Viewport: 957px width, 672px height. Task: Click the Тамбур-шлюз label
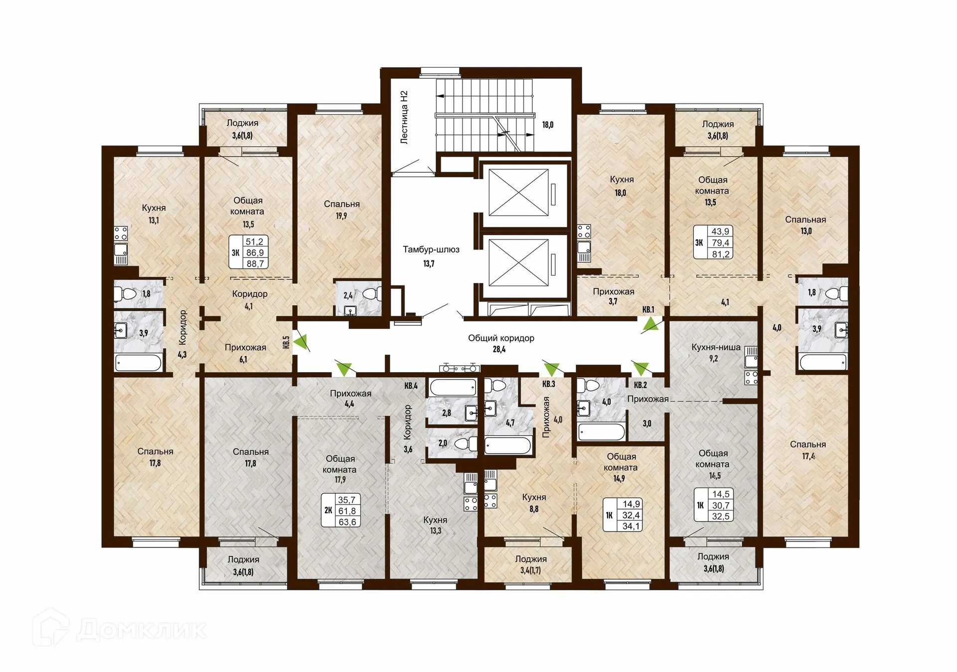coord(431,250)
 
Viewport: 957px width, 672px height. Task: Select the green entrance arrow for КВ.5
coord(301,342)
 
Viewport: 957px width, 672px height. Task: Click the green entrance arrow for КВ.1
coord(650,325)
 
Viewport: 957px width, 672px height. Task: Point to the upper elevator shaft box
coord(518,192)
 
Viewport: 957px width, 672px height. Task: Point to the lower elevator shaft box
coord(518,263)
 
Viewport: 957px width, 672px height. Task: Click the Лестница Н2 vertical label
coord(404,118)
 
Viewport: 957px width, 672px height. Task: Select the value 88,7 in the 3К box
coord(255,264)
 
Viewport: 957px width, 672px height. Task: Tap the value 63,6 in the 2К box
coord(347,522)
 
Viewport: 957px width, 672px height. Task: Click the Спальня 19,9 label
coord(341,209)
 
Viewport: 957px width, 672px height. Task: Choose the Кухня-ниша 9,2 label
coord(715,352)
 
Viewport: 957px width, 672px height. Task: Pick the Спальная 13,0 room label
coord(805,225)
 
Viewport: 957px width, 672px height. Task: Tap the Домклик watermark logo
coord(120,629)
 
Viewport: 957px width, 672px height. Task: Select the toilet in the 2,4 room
coord(371,294)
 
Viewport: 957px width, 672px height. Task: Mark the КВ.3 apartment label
coord(548,384)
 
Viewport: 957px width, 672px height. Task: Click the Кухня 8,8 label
coord(534,503)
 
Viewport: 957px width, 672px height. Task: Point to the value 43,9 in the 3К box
coord(720,231)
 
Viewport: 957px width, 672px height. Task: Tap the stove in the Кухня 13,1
coord(121,233)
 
